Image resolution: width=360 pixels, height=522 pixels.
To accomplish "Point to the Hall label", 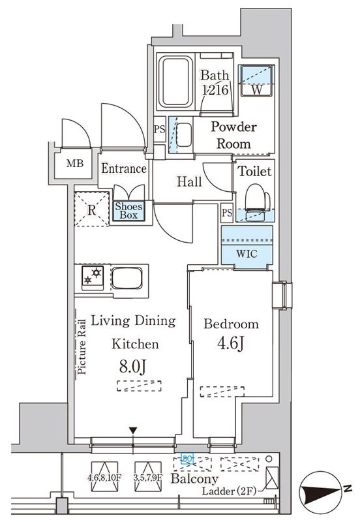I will (189, 182).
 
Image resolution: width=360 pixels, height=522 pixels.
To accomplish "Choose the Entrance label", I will (123, 169).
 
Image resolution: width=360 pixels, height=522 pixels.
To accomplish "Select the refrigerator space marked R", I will (91, 210).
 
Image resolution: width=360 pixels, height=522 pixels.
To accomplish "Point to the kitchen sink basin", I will (128, 278).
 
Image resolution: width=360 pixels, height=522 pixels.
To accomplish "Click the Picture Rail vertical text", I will (82, 347).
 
